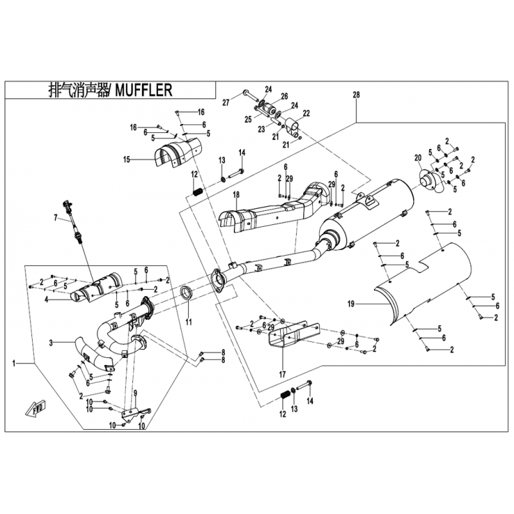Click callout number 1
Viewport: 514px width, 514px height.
(x=14, y=364)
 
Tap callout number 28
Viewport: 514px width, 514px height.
(x=356, y=95)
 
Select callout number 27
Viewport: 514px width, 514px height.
(x=226, y=102)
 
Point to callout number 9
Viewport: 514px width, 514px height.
(x=135, y=393)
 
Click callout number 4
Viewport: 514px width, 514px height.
(x=48, y=298)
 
